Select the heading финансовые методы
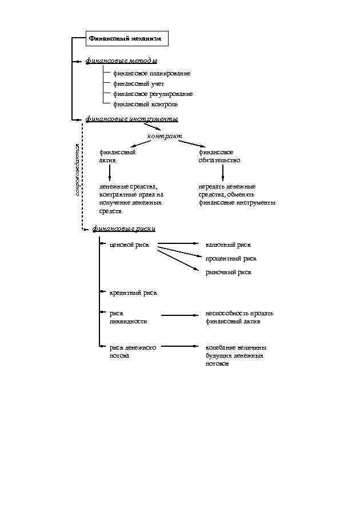pos(121,61)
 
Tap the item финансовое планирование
pos(151,74)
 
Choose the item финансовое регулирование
pos(153,94)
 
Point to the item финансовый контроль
pos(145,105)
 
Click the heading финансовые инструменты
pos(131,119)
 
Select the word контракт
pos(165,137)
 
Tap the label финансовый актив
pos(117,157)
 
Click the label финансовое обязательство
pos(219,157)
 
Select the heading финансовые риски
pos(123,229)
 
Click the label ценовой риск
pos(129,245)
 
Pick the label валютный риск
pos(228,245)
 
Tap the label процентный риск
pos(231,259)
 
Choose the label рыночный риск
pos(229,272)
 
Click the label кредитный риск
pos(133,293)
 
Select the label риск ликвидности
pos(128,317)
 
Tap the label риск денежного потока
pos(133,351)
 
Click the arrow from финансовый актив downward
pos(109,172)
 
